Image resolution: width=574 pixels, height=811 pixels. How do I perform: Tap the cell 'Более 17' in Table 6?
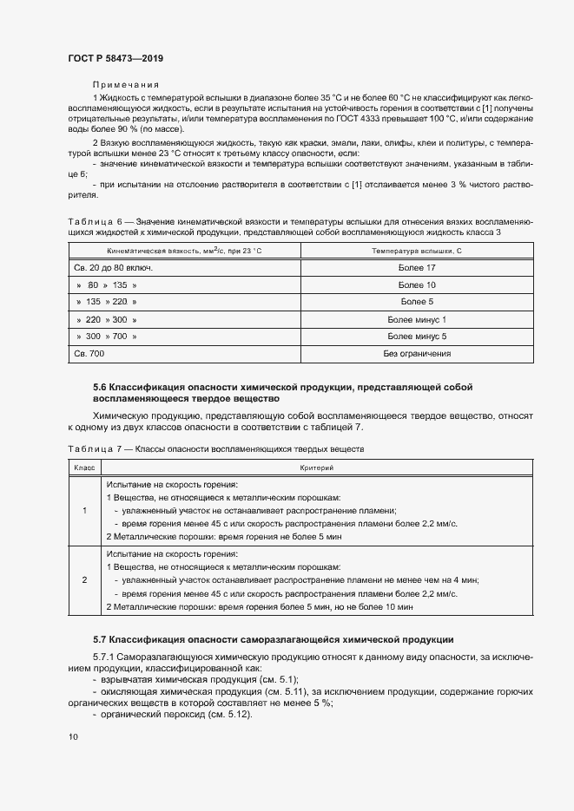click(x=417, y=267)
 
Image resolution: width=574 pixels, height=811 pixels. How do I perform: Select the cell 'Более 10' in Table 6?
click(x=417, y=285)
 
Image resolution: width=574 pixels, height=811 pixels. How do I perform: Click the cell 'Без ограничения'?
click(x=417, y=353)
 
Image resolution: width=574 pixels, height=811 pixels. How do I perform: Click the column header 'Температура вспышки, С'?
click(x=417, y=250)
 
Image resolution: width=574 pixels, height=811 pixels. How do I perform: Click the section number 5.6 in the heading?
click(x=99, y=386)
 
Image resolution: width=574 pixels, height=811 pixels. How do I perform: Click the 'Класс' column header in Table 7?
click(x=84, y=468)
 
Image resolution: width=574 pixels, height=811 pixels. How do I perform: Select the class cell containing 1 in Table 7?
click(x=84, y=511)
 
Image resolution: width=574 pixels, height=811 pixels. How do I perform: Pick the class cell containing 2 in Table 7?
click(x=84, y=579)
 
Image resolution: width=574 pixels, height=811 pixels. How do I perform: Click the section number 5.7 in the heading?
click(x=99, y=639)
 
